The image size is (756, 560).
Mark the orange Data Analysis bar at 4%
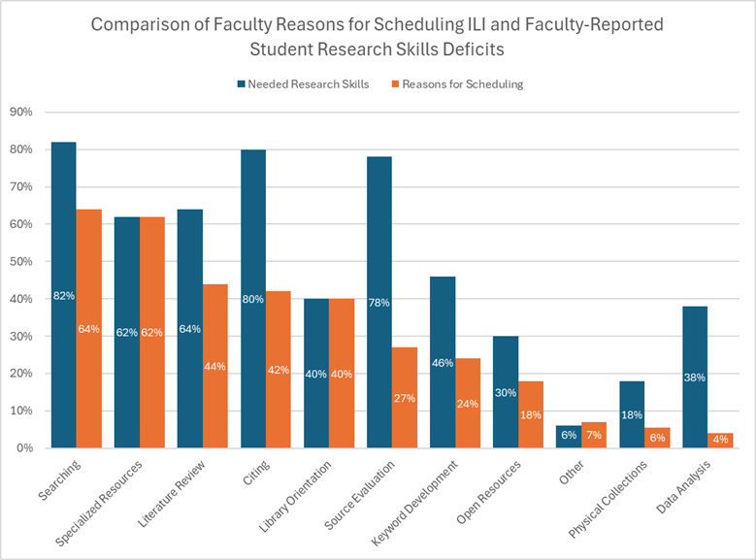720,441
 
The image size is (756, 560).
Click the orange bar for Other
594,435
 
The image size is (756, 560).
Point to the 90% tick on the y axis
20,113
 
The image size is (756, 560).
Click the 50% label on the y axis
20,262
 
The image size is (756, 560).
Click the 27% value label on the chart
405,398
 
